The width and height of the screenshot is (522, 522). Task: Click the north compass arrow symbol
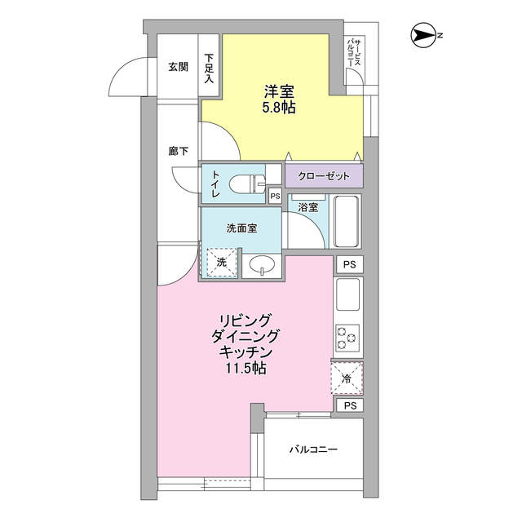pyautogui.click(x=424, y=35)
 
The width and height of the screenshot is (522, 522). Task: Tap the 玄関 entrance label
pyautogui.click(x=178, y=67)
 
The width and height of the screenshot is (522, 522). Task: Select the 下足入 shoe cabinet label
pyautogui.click(x=209, y=69)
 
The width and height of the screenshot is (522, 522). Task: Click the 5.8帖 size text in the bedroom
pyautogui.click(x=279, y=107)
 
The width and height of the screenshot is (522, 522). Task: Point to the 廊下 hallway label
pyautogui.click(x=178, y=152)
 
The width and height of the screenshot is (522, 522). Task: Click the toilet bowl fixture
pyautogui.click(x=247, y=184)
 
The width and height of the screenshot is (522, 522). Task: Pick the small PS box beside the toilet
pyautogui.click(x=276, y=196)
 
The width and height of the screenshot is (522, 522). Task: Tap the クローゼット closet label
pyautogui.click(x=324, y=176)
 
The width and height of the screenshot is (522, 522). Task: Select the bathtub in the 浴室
pyautogui.click(x=347, y=221)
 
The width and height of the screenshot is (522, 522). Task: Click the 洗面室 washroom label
pyautogui.click(x=241, y=228)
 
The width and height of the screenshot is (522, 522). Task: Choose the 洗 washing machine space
pyautogui.click(x=221, y=263)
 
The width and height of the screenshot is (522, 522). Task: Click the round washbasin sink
pyautogui.click(x=263, y=265)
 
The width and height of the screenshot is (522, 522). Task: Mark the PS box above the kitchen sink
pyautogui.click(x=350, y=264)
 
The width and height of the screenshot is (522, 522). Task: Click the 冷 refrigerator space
pyautogui.click(x=347, y=378)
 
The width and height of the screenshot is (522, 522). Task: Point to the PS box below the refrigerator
pyautogui.click(x=350, y=405)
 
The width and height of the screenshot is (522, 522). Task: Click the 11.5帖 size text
pyautogui.click(x=246, y=368)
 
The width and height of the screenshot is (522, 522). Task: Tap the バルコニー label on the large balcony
pyautogui.click(x=313, y=449)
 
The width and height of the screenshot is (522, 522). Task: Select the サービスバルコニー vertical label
pyautogui.click(x=354, y=53)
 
